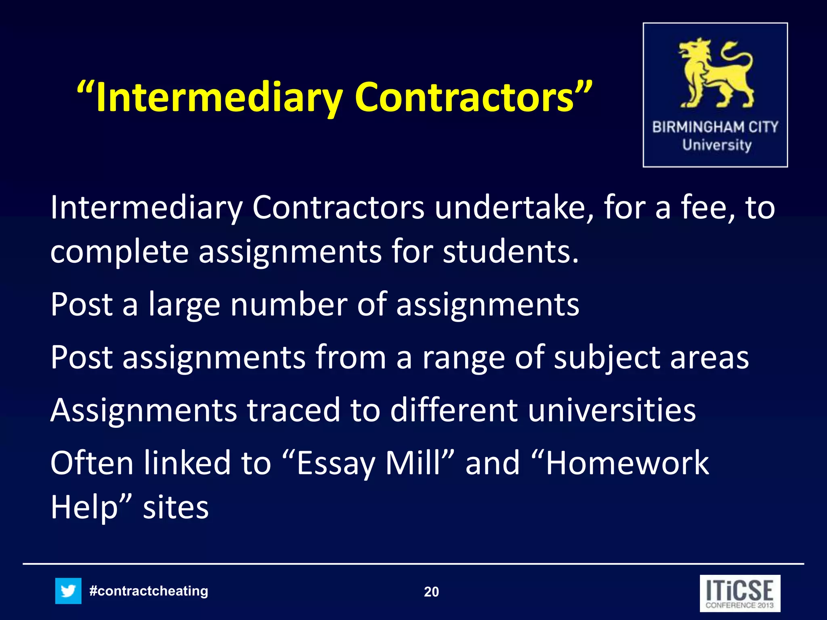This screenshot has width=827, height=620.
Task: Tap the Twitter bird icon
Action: (68, 591)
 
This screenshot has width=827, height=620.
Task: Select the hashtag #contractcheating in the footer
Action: (149, 591)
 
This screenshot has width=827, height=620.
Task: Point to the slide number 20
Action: (431, 592)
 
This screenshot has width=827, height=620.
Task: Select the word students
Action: (510, 252)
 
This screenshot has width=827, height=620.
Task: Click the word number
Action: (289, 304)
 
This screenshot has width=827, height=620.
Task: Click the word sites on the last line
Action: (176, 508)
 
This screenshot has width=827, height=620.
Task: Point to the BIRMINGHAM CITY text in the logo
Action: (715, 127)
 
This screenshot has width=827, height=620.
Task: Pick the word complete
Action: (120, 252)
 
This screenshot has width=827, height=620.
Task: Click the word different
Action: (454, 410)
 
